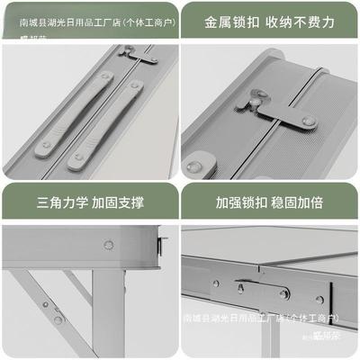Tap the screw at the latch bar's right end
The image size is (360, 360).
click(x=308, y=121)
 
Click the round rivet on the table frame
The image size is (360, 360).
click(x=108, y=243)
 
